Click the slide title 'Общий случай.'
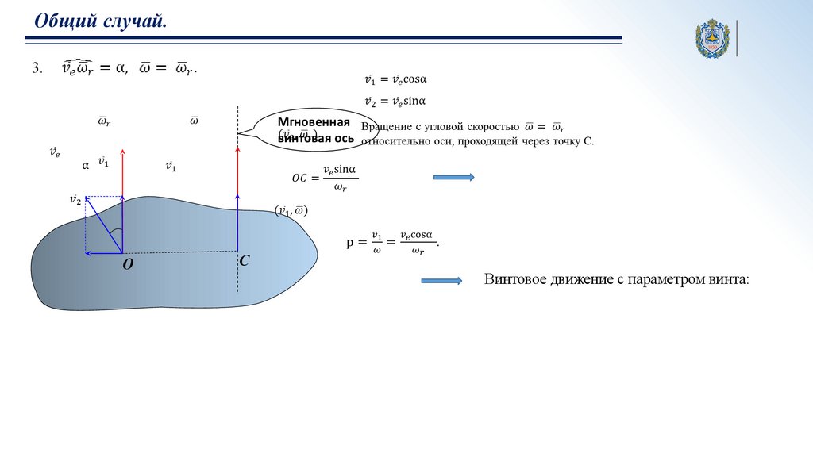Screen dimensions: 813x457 pyautogui.click(x=99, y=21)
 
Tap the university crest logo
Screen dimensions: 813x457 pyautogui.click(x=712, y=38)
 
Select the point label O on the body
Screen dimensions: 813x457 pyautogui.click(x=127, y=266)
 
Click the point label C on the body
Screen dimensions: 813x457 pyautogui.click(x=245, y=260)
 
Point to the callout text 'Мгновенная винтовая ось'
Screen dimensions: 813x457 pyautogui.click(x=315, y=130)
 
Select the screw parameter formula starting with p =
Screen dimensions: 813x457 pyautogui.click(x=392, y=242)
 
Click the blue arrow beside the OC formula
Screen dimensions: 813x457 pyautogui.click(x=453, y=178)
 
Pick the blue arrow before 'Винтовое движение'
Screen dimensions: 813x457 pyautogui.click(x=441, y=280)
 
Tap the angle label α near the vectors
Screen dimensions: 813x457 pyautogui.click(x=86, y=167)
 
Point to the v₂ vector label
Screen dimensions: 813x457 pyautogui.click(x=75, y=200)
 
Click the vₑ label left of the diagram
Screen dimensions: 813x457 pyautogui.click(x=54, y=151)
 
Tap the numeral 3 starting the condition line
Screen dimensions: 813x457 pyautogui.click(x=36, y=69)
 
